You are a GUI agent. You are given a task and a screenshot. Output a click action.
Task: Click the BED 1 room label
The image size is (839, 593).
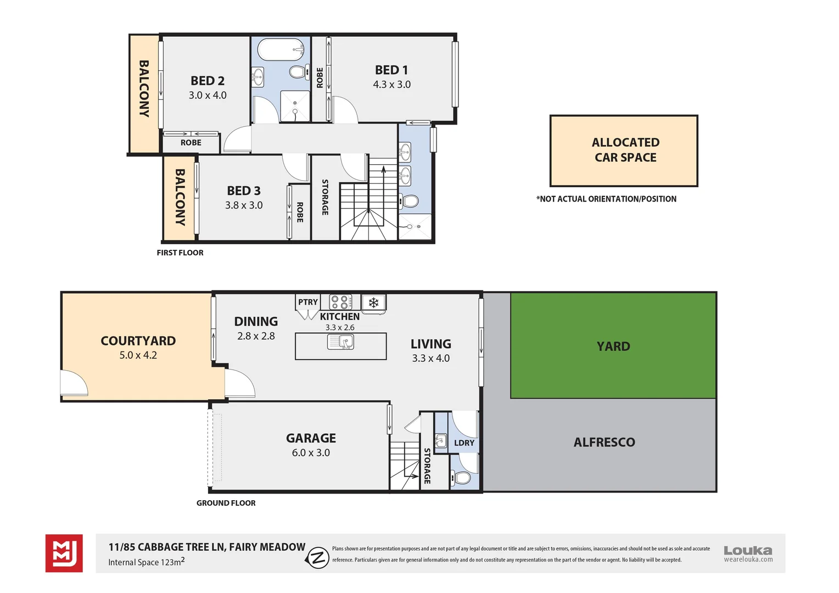point(391,70)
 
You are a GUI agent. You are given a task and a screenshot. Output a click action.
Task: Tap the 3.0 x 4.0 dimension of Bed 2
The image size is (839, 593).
point(208,96)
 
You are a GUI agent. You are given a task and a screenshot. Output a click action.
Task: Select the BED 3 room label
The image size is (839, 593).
point(244,191)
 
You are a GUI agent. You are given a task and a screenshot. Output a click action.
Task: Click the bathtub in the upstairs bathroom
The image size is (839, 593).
point(281,49)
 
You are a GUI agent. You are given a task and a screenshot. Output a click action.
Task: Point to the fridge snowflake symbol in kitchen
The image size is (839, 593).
point(373,303)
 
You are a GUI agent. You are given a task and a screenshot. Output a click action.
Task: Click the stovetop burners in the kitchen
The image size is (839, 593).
point(340,302)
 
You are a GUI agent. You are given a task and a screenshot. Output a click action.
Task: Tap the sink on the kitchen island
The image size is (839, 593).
point(341,343)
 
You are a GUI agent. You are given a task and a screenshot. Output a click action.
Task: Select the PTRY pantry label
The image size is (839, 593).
point(307,302)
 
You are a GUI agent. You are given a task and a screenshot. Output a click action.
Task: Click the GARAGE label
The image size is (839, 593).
point(311,438)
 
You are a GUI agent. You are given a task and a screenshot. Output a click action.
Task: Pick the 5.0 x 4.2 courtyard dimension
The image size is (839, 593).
point(138,355)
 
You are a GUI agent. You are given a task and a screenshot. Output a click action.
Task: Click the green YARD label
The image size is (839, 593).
point(613,346)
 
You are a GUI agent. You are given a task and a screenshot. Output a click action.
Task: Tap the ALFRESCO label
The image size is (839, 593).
point(604,443)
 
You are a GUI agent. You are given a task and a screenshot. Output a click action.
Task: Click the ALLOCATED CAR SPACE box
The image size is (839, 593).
point(624,150)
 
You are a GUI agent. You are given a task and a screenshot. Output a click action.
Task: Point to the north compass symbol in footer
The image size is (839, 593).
point(317,558)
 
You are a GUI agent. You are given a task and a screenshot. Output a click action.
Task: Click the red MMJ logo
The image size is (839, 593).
point(64,553)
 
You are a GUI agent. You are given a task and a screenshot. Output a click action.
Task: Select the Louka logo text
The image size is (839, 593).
point(747,550)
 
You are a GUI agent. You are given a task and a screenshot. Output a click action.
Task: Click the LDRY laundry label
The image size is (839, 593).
point(464,443)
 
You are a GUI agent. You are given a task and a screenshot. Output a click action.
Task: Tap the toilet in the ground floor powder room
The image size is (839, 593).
point(461,478)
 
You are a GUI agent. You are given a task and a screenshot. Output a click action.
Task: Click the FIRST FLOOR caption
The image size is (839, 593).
point(180,253)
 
